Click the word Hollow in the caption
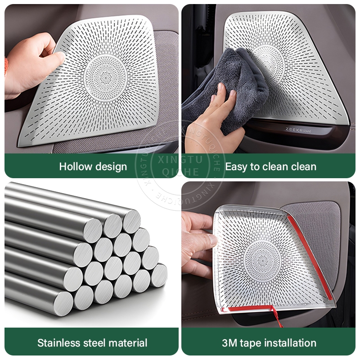[x=76, y=166]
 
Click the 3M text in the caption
[x=229, y=343]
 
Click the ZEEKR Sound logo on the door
[x=298, y=130]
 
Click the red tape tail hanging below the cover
[x=277, y=316]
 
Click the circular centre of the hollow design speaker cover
[x=105, y=78]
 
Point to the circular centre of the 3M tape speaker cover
[x=262, y=261]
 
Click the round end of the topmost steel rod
[x=131, y=221]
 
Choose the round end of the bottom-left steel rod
[x=63, y=303]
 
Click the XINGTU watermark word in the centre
[x=180, y=160]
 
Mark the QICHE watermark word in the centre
[x=180, y=172]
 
